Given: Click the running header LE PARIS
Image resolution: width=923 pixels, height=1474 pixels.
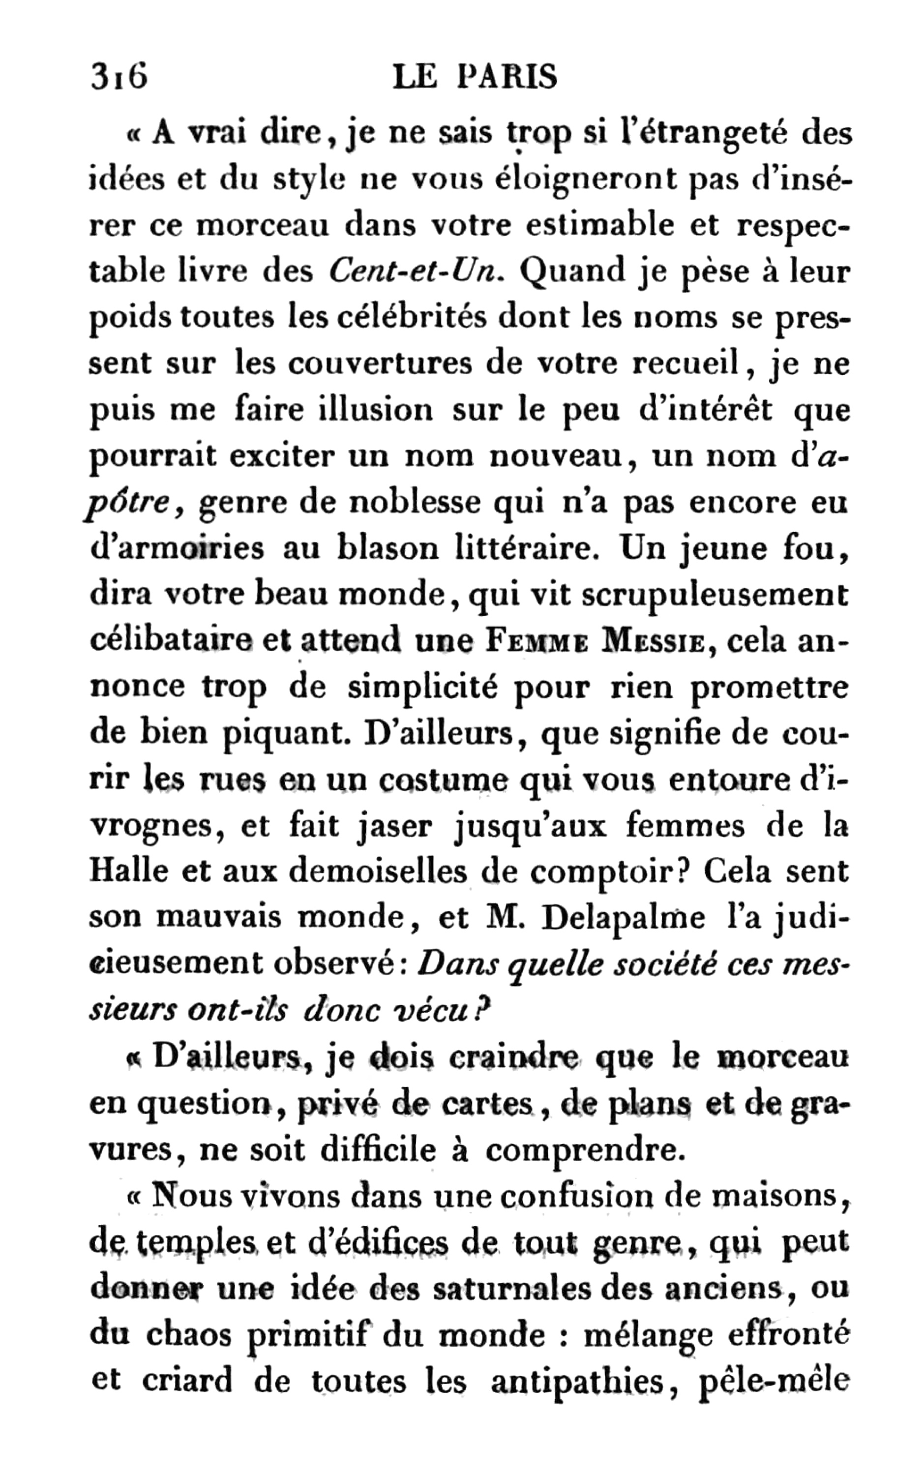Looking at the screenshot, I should [x=475, y=78].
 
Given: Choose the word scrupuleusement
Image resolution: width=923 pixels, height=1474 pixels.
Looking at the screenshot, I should [x=714, y=595].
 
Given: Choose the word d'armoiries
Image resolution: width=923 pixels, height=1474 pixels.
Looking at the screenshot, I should [x=177, y=548].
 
